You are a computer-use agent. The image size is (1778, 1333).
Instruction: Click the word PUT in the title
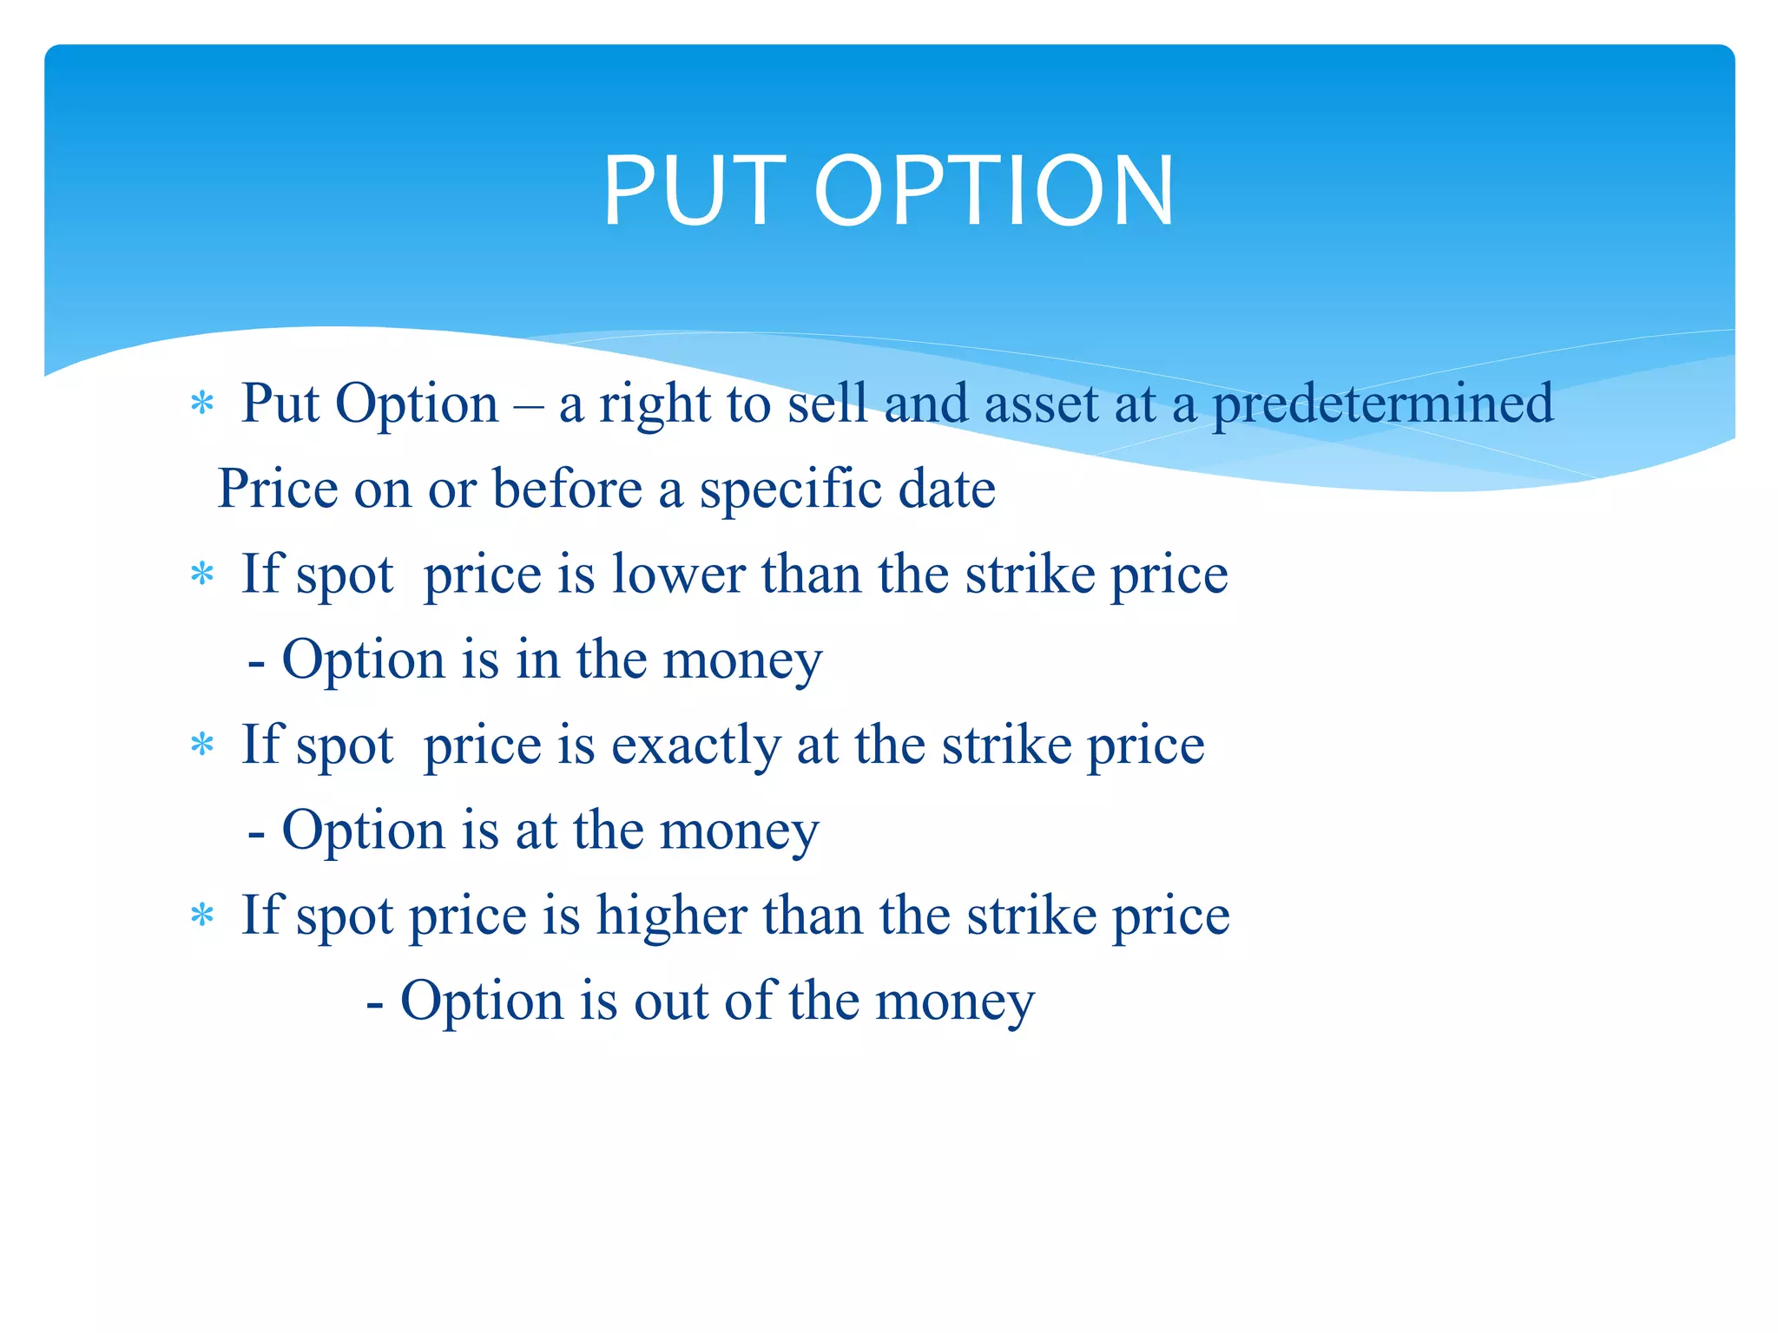[x=695, y=191]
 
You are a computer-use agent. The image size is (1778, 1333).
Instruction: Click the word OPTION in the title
[x=993, y=191]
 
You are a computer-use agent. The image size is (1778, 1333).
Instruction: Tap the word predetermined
[x=1382, y=405]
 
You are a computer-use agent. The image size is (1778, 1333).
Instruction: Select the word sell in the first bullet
[x=827, y=404]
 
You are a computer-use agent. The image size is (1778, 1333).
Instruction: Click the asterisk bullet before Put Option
[x=202, y=404]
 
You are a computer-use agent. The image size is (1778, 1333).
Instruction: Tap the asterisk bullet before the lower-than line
[x=202, y=575]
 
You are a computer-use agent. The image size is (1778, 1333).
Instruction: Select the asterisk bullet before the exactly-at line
[x=202, y=745]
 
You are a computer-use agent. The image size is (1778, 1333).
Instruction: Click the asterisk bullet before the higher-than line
[x=202, y=916]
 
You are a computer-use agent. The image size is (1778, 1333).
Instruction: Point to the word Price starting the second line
[x=277, y=489]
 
